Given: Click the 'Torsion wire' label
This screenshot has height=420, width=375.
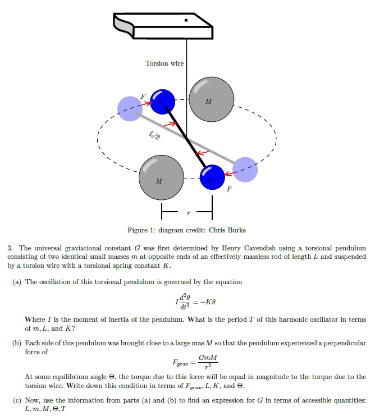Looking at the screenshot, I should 164,63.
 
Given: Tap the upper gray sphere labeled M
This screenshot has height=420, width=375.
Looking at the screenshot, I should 211,98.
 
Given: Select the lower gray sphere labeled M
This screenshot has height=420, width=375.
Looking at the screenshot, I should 161,177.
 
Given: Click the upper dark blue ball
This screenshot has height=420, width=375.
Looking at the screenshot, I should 163,102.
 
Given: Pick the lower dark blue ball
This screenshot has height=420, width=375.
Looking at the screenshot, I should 212,177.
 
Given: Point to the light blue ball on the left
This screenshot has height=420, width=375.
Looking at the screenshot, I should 130,108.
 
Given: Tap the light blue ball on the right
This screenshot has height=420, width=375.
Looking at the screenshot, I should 245,169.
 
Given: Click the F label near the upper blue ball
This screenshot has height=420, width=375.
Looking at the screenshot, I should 143,97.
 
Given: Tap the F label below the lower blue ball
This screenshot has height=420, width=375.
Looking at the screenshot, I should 228,190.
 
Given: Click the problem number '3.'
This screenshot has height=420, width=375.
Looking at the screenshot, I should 10,248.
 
